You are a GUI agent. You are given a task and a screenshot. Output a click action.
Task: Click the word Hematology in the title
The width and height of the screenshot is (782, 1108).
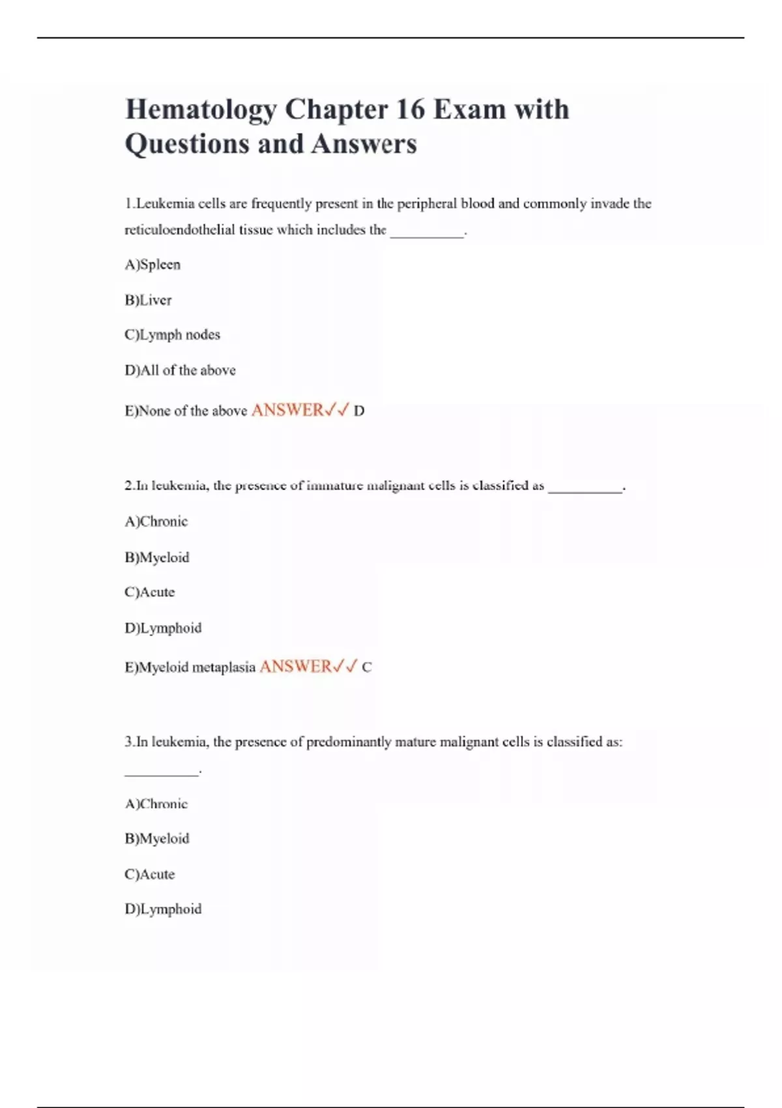pos(200,109)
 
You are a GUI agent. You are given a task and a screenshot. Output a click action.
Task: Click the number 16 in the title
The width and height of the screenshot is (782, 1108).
pos(410,109)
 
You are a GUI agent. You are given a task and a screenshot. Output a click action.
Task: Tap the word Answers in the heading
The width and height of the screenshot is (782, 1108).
pos(364,144)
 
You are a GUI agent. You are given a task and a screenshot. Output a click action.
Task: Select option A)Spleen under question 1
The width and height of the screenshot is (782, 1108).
pos(152,265)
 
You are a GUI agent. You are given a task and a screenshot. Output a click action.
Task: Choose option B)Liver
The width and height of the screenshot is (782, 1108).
pos(148,300)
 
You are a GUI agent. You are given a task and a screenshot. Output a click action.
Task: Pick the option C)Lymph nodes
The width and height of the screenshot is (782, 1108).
pos(172,335)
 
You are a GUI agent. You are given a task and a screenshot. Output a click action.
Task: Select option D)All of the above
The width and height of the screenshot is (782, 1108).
pos(180,370)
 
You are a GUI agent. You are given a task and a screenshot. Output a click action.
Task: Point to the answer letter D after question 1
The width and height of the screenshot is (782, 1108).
pos(359,411)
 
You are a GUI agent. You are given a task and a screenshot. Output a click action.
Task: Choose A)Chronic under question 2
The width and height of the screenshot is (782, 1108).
pos(156,521)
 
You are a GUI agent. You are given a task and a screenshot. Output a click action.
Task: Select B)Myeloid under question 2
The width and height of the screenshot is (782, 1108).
pos(156,557)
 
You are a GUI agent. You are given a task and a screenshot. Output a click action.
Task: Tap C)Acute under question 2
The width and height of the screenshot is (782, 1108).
pos(149,592)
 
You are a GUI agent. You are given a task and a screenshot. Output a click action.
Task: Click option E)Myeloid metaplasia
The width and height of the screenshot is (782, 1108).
pos(190,667)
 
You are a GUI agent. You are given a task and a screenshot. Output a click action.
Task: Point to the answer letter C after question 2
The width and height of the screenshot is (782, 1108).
pos(367,667)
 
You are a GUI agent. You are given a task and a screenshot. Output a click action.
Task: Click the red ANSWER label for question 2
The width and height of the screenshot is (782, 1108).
pos(296,667)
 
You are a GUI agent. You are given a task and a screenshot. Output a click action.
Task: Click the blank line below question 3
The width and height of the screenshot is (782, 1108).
pos(162,774)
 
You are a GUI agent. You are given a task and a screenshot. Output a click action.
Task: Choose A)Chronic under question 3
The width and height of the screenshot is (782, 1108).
pos(156,804)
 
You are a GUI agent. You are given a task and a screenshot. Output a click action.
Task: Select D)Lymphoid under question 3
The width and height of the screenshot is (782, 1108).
pos(163,909)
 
